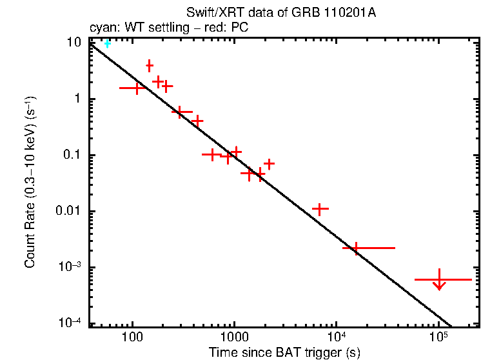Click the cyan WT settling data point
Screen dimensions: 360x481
tap(108, 44)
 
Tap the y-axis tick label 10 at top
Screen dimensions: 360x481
tap(74, 43)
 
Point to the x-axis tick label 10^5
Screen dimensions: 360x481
tap(438, 337)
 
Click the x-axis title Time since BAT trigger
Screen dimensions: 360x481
tap(284, 353)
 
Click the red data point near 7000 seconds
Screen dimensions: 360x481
tap(320, 209)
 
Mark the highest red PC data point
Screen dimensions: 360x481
tap(150, 66)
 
